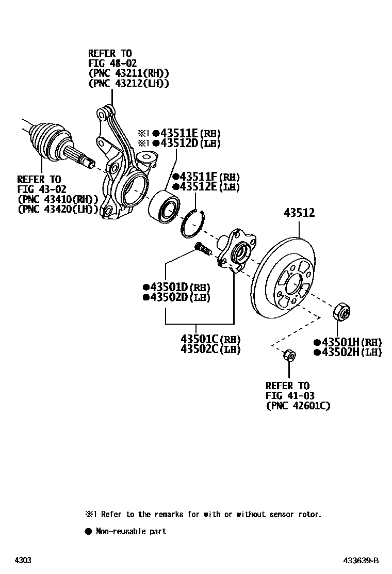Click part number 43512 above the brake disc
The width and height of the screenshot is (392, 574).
click(299, 212)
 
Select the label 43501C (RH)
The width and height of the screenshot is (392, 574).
click(211, 339)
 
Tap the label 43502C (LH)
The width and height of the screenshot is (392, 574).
click(211, 349)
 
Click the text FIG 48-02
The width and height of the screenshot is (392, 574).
click(112, 63)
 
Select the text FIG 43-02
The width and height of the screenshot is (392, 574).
click(42, 189)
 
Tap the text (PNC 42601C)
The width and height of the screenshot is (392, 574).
click(298, 406)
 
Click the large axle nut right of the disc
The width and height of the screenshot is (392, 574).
click(341, 311)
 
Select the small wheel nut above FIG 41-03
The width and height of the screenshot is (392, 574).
click(289, 355)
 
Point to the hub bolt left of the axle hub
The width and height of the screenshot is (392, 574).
click(203, 250)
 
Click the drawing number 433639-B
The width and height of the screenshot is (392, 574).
click(362, 561)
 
